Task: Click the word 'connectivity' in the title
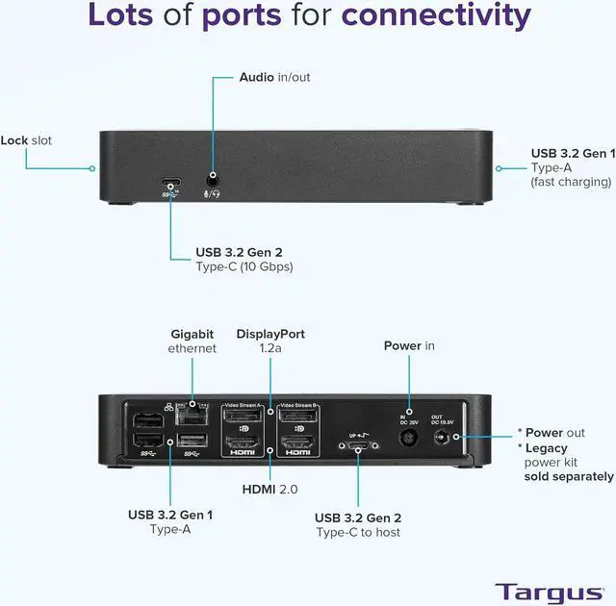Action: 436,16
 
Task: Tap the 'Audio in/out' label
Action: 274,77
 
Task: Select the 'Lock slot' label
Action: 26,140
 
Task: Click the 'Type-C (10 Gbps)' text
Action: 244,266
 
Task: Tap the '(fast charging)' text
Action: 571,181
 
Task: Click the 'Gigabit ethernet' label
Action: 192,341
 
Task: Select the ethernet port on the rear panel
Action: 195,417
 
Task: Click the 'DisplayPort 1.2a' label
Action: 270,341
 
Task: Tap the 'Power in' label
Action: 409,345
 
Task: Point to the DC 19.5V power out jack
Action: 445,438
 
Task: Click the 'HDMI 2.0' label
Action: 269,490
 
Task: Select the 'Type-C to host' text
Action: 358,532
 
